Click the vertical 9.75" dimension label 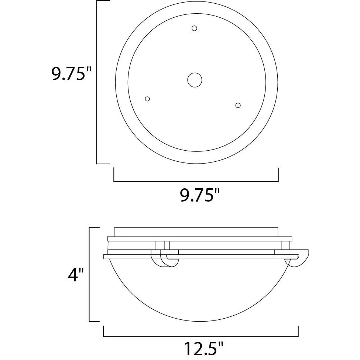pyautogui.click(x=71, y=73)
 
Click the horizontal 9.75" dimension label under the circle pyautogui.click(x=200, y=195)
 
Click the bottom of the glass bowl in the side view pyautogui.click(x=200, y=321)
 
